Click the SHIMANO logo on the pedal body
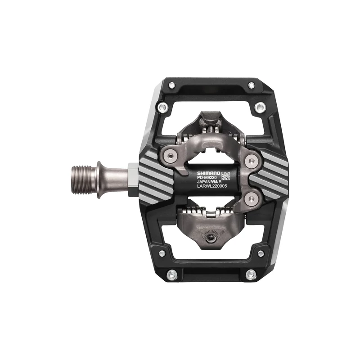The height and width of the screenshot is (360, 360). (x=208, y=172)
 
